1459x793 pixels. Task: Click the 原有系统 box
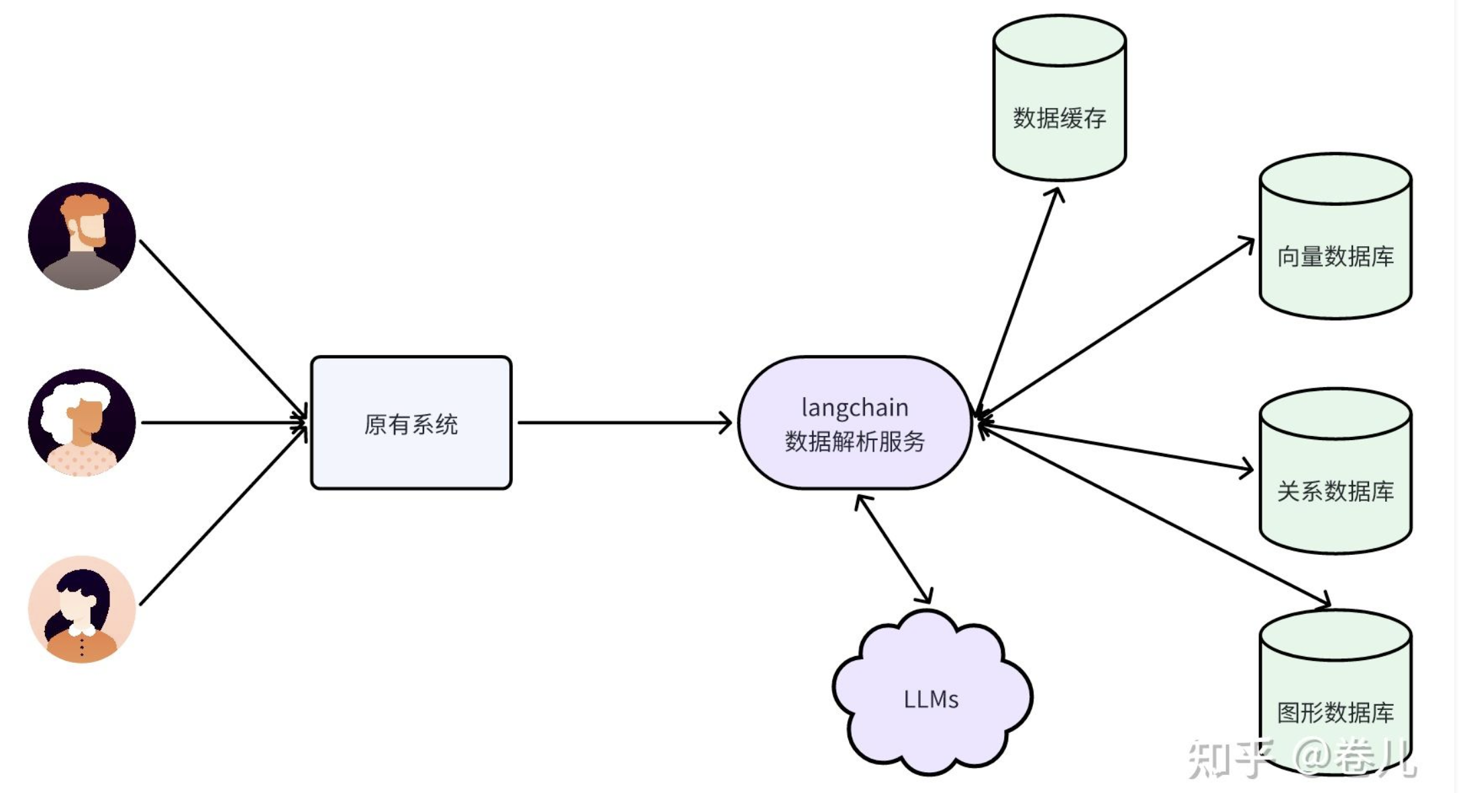tap(411, 423)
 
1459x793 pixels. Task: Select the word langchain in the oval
tap(854, 407)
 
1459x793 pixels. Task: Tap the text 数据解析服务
tap(854, 441)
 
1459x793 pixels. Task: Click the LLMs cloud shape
tap(931, 698)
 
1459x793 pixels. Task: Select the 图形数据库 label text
tap(1335, 712)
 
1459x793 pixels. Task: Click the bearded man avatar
tap(82, 235)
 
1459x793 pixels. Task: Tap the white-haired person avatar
tap(82, 422)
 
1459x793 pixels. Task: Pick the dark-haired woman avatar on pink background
tap(82, 609)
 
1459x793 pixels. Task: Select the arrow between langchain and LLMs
tap(893, 548)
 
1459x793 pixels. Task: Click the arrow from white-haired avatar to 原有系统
tap(221, 423)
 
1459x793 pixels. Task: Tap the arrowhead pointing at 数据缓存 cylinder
tap(1057, 194)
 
